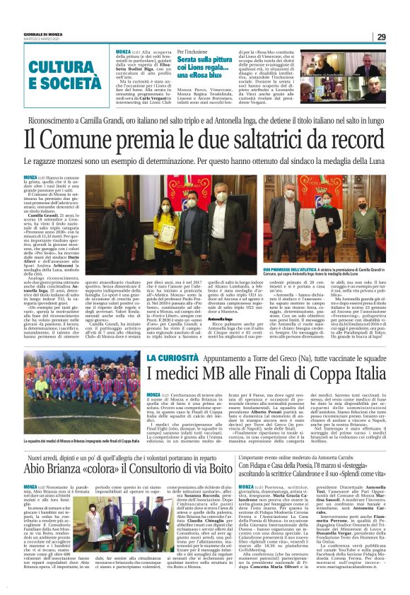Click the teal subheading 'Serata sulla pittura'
(x=204, y=63)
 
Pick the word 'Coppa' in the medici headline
(x=320, y=372)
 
